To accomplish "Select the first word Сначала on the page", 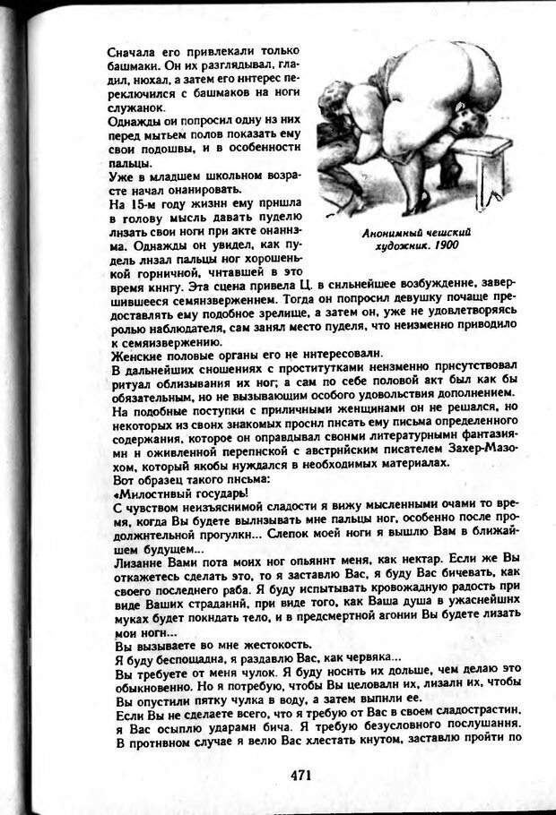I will [130, 51].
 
